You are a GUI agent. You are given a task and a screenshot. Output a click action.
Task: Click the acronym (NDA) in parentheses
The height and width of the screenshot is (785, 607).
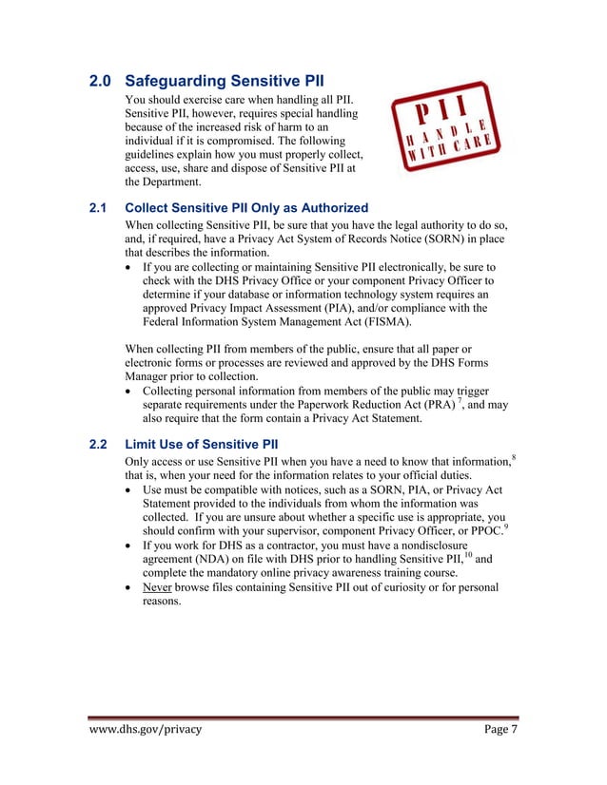click(215, 561)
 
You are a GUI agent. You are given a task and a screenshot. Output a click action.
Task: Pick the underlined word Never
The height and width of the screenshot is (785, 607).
click(157, 587)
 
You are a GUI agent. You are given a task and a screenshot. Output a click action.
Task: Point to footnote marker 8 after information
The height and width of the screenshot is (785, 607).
click(514, 459)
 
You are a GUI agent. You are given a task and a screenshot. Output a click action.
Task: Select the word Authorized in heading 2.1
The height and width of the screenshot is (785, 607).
click(331, 207)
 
